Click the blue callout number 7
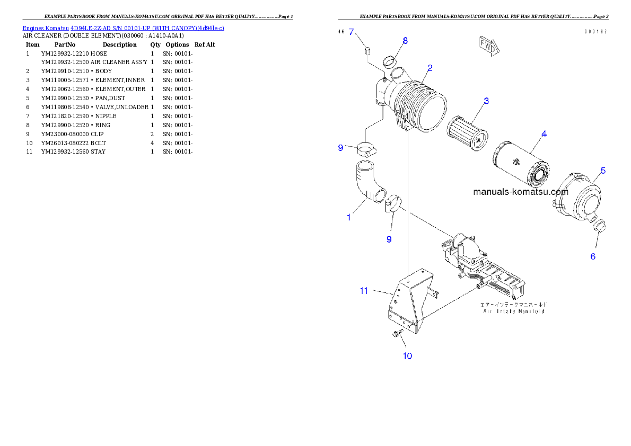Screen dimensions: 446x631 (x=350, y=32)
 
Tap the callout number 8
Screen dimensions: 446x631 (x=405, y=40)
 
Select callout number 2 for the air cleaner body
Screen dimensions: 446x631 (x=430, y=68)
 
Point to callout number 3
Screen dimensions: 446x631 (x=486, y=101)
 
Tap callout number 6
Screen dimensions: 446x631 (x=593, y=256)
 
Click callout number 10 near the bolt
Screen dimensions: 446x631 (x=407, y=356)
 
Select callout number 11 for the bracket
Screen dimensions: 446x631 (x=364, y=290)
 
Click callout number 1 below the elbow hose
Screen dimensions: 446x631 (x=348, y=217)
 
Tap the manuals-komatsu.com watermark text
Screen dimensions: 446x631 (x=520, y=192)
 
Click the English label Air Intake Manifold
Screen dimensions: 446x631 (x=514, y=311)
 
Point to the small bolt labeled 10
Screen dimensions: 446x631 (x=396, y=334)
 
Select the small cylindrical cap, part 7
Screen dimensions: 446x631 (x=365, y=51)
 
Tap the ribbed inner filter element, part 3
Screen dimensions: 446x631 (x=464, y=132)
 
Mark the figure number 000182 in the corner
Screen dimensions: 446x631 (x=595, y=32)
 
